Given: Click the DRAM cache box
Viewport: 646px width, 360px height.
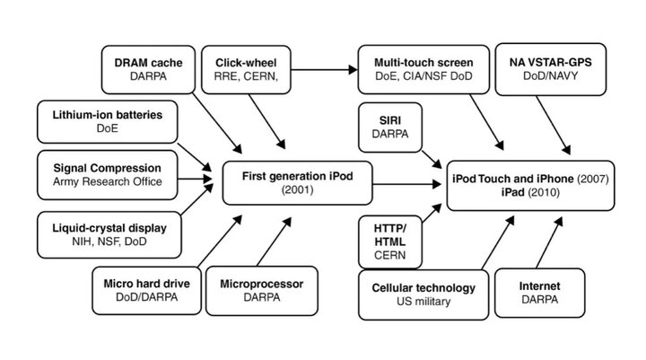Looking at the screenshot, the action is click(148, 70).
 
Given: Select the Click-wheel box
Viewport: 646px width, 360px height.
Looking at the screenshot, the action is click(246, 70).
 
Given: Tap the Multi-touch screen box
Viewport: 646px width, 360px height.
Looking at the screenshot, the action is click(423, 70).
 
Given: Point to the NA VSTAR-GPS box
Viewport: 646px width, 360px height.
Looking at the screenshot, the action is click(550, 69).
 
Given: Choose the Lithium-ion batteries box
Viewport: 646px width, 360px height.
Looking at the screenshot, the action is click(107, 122).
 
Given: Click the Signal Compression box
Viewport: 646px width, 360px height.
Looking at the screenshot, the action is click(107, 175).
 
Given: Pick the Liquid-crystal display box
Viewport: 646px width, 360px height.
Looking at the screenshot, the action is click(109, 234).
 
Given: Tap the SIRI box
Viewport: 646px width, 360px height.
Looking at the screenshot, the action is click(390, 127).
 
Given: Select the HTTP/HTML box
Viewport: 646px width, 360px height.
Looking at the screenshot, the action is click(390, 242).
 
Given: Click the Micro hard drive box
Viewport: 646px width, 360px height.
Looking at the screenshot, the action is click(146, 290).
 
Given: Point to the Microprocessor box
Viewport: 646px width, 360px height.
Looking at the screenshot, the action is click(262, 291).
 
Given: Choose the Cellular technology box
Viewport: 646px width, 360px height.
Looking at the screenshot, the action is click(423, 294).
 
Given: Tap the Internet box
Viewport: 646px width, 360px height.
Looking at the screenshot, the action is click(540, 293).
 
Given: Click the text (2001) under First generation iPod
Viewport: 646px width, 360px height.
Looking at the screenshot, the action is click(298, 189).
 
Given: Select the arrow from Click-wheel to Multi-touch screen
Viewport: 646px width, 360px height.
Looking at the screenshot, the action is click(324, 70).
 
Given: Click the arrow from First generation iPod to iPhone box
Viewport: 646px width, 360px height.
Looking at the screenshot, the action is click(407, 184).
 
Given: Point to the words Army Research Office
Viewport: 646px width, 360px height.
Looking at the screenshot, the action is click(107, 181).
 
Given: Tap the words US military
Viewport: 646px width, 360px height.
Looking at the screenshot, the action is click(423, 302).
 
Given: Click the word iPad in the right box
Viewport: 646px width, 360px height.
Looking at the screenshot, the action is click(513, 192).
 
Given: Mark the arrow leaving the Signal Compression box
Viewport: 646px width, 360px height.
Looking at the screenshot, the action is click(195, 179).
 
